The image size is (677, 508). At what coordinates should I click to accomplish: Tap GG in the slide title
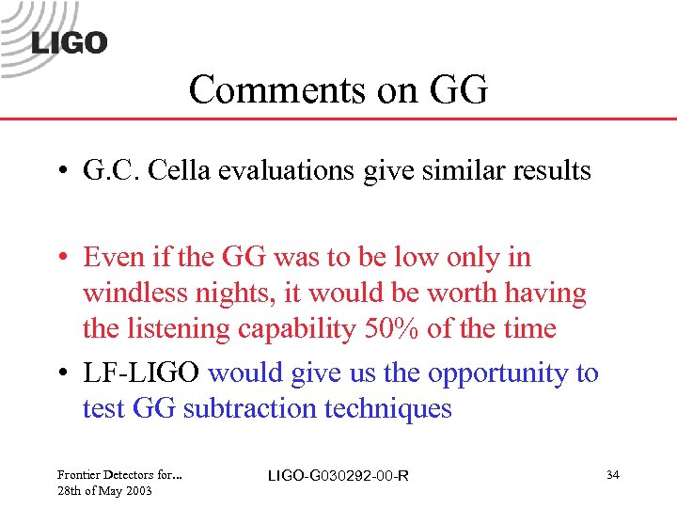coord(458,90)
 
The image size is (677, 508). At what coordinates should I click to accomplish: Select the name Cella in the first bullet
coord(208,170)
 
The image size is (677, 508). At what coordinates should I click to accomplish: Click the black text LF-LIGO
coord(141,373)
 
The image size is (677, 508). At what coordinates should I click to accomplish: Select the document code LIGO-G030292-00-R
coord(338,476)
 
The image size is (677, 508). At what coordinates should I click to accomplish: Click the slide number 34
coord(612,476)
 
